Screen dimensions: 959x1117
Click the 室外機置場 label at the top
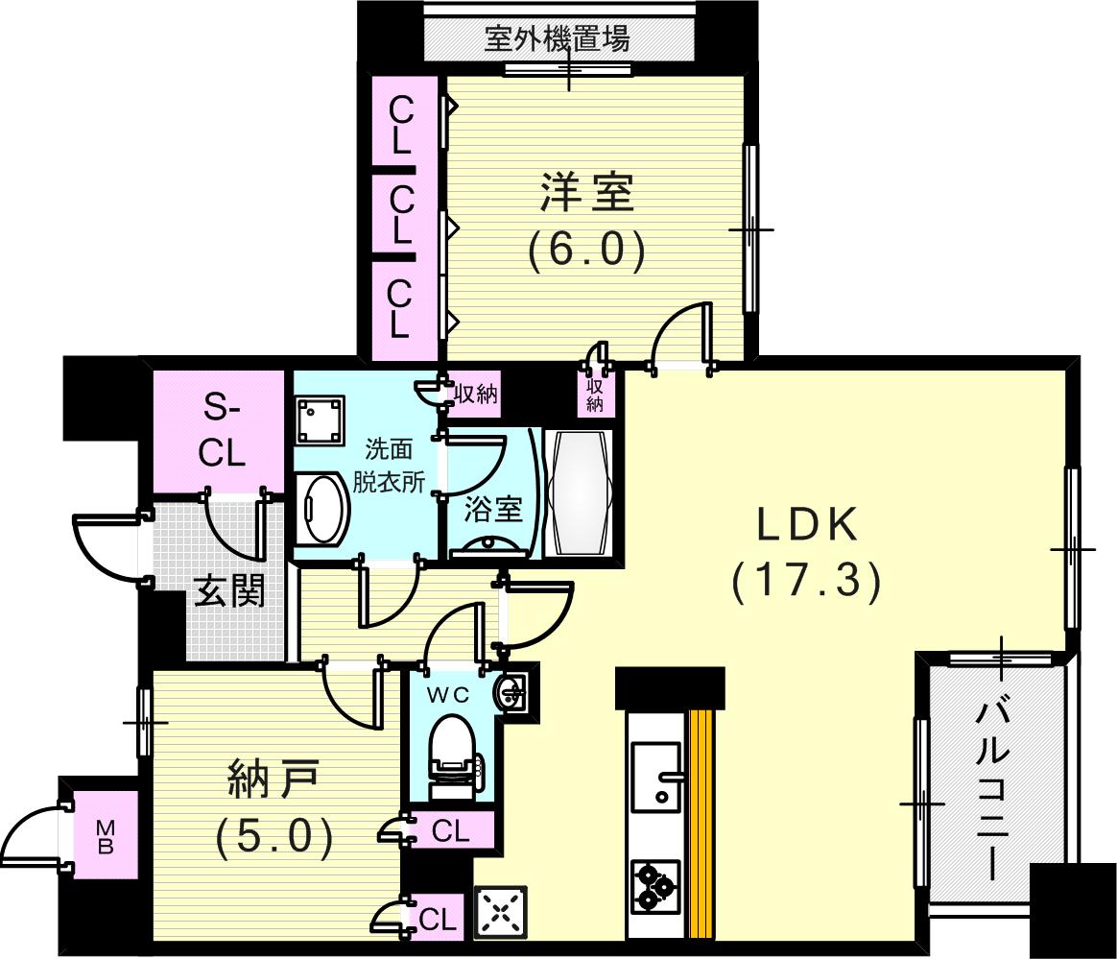point(557,39)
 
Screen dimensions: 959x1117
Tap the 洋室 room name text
point(585,193)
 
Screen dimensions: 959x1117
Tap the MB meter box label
point(106,837)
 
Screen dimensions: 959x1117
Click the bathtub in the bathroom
point(578,491)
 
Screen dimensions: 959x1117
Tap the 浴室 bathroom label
point(493,508)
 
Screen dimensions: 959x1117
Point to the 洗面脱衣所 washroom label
point(393,465)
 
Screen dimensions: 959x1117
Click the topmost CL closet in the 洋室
point(400,127)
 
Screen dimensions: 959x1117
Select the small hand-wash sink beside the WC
point(513,690)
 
